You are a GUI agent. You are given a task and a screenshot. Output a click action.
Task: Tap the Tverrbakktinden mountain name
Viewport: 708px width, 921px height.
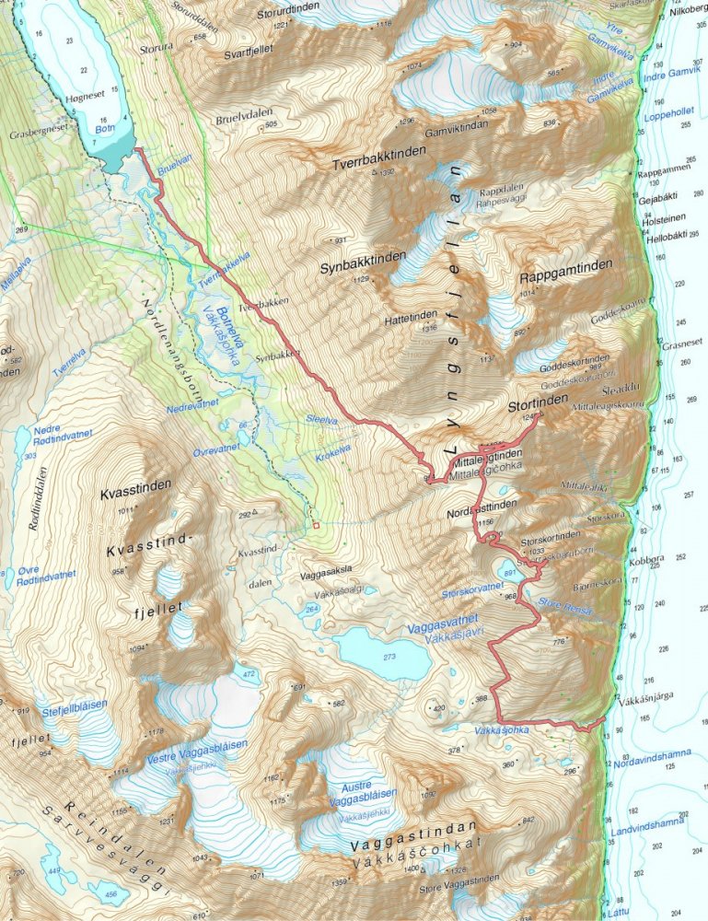point(376,160)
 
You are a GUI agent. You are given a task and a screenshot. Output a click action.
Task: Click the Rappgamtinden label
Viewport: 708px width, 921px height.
point(565,277)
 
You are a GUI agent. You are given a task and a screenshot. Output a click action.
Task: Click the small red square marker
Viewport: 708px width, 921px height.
point(315,526)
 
